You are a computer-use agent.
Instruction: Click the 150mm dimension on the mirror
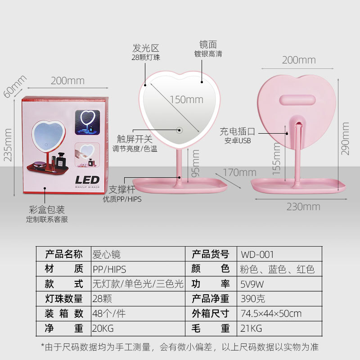pos(186,99)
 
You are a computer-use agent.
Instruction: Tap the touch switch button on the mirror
pos(179,130)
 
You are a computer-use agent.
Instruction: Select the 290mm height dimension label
pos(346,139)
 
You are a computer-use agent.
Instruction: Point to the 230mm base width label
pos(303,207)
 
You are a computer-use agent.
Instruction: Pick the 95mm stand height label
pos(195,163)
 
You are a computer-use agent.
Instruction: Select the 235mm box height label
pos(8,144)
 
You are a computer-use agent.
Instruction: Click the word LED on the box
pos(87,180)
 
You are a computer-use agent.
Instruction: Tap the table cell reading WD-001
pos(257,254)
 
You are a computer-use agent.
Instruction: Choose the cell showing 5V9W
pos(252,284)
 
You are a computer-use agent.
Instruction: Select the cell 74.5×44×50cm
pos(271,314)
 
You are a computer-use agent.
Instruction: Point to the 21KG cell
pos(252,328)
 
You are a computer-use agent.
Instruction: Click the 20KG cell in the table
pos(104,328)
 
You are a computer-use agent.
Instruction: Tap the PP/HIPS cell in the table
pos(109,269)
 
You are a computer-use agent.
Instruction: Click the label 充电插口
pos(237,131)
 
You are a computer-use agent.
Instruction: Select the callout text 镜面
pos(208,44)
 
